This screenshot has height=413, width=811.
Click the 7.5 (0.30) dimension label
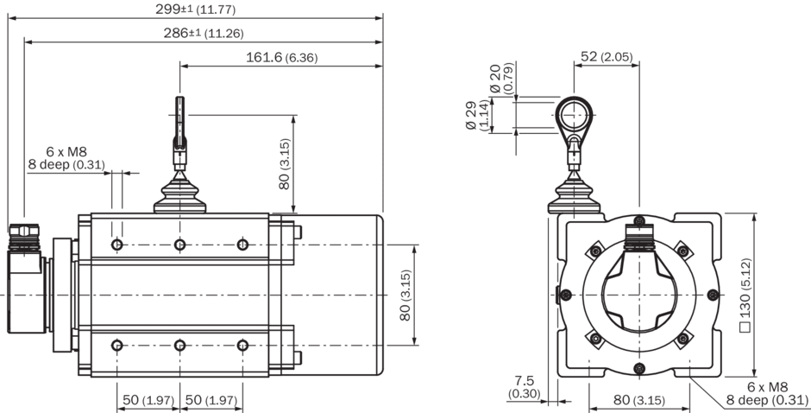[x=525, y=386]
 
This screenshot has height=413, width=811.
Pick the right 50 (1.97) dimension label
[x=211, y=400]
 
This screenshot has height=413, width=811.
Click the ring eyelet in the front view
[x=573, y=112]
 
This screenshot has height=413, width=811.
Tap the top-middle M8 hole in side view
[x=179, y=245]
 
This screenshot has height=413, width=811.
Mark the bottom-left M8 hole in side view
[x=117, y=346]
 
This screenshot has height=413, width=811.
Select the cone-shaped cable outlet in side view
[x=179, y=196]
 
